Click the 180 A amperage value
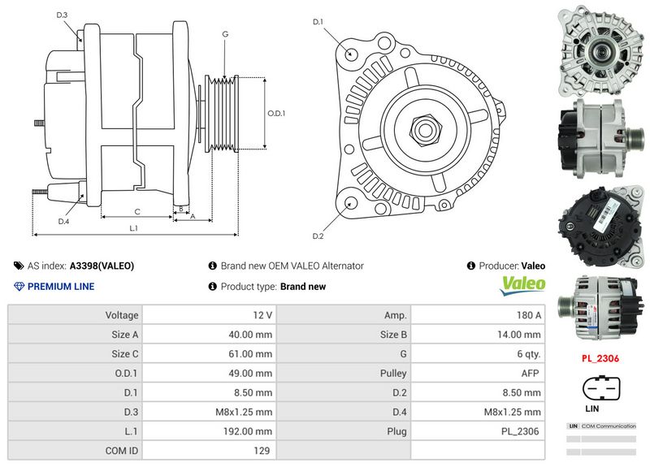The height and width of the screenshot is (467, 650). click(529, 314)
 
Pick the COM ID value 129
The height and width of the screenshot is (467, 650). click(262, 451)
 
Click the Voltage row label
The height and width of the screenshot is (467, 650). click(121, 314)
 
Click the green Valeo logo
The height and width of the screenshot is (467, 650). click(522, 284)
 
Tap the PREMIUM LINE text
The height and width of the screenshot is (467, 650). click(60, 287)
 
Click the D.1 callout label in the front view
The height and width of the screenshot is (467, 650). click(318, 22)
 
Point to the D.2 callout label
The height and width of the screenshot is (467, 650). click(318, 236)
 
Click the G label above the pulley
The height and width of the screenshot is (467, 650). click(224, 34)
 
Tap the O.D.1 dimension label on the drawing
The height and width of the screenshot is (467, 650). click(277, 113)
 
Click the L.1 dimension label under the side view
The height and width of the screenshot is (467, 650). click(134, 229)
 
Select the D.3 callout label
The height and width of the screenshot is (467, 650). click(63, 15)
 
